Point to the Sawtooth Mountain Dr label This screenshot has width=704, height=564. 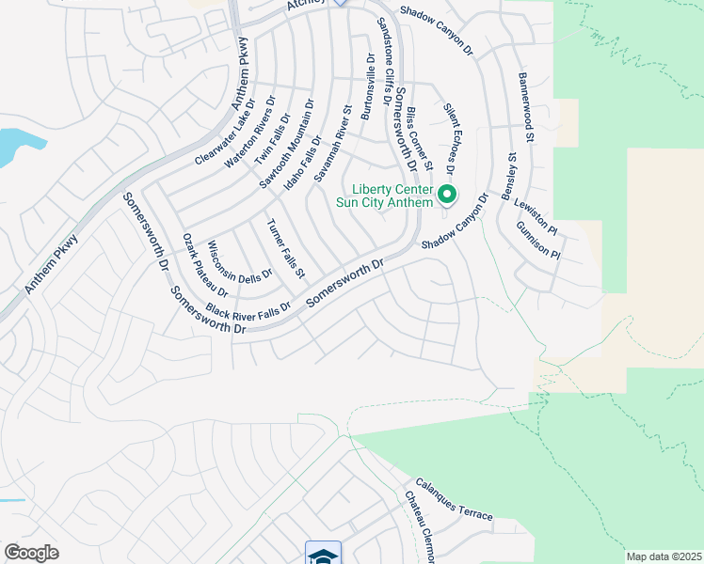[x=287, y=144]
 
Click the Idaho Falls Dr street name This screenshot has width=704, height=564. [x=303, y=164]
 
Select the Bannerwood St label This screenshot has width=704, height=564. [x=526, y=108]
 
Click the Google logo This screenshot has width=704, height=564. [x=31, y=553]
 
